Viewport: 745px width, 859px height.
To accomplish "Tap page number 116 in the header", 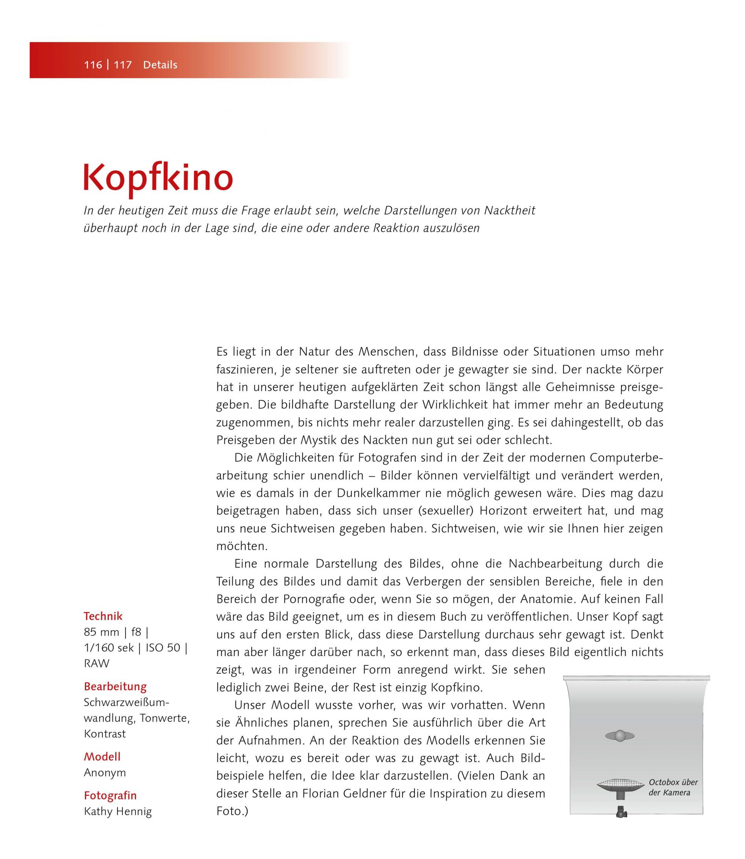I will [93, 65].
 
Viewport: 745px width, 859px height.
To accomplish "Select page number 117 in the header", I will [123, 65].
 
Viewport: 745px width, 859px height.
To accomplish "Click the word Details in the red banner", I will [160, 65].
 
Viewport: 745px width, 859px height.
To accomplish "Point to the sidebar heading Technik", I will [103, 616].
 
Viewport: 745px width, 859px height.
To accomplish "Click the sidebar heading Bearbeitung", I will [115, 686].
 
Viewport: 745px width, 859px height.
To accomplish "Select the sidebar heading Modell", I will [102, 756].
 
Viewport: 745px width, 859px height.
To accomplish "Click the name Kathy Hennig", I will [117, 811].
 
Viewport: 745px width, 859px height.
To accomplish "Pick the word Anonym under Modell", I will [105, 773].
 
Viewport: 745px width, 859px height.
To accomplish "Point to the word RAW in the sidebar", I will [97, 664].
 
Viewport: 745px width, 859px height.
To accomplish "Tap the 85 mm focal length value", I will [102, 632].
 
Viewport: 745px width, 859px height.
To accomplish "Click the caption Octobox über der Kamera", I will [673, 787].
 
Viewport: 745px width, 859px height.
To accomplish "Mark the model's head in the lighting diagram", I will [620, 735].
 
